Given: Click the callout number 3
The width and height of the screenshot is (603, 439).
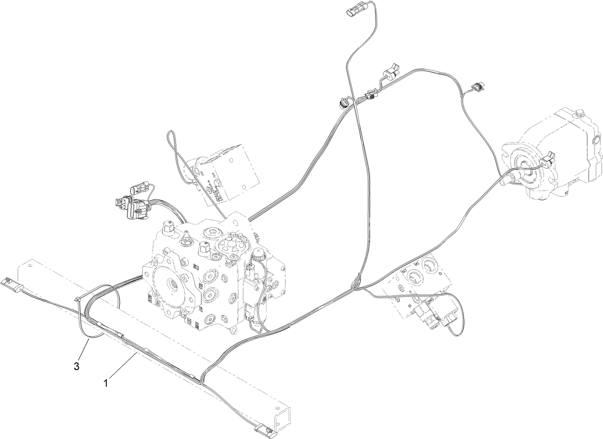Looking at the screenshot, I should click(x=77, y=367).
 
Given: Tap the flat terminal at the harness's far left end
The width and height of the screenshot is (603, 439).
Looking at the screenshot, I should click(x=11, y=282).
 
